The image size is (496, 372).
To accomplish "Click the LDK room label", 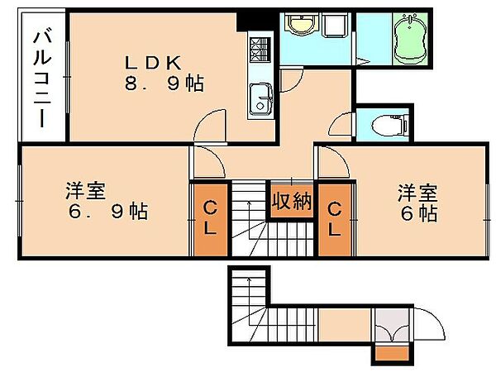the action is (x=153, y=63).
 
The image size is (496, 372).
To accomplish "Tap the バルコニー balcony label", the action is (x=42, y=77).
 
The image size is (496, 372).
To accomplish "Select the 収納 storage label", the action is (x=292, y=201).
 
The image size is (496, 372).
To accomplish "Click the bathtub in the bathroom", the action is (x=410, y=39).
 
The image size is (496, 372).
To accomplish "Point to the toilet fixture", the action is (x=389, y=125).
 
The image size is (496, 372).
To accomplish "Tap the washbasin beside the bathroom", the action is (x=301, y=24).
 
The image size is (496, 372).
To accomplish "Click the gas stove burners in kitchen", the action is (x=260, y=50).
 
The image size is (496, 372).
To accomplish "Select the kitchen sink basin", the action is (x=260, y=99).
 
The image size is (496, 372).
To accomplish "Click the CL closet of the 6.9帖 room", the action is (x=210, y=220).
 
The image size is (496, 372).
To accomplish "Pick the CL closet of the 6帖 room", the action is (x=335, y=220).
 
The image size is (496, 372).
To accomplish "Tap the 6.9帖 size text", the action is (x=108, y=212).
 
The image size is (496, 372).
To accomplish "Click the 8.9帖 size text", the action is (x=165, y=83).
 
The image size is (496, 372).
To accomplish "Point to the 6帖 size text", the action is (x=419, y=213).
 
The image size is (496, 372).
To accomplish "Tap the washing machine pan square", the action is (x=335, y=24).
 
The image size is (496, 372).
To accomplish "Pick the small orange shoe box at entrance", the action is (x=393, y=354).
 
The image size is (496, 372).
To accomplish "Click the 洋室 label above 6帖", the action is (x=417, y=193).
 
